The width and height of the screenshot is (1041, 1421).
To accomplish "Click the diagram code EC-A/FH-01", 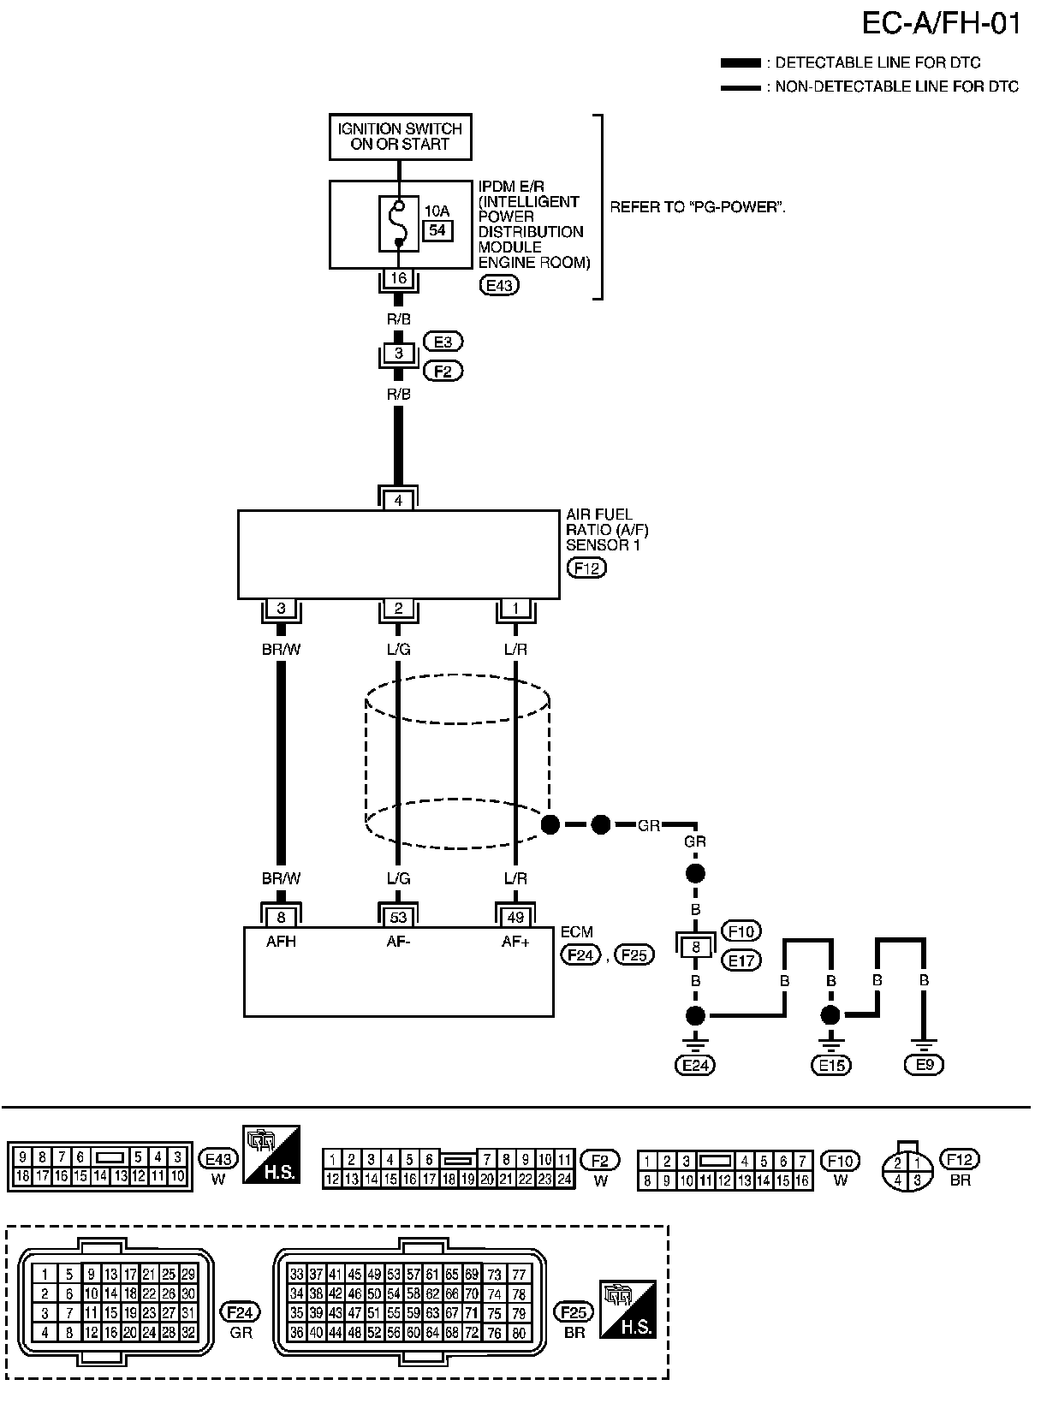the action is pos(941,23).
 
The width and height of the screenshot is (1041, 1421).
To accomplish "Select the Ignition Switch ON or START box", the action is pos(401,136).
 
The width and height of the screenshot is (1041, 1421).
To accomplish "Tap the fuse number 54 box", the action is pos(437,230).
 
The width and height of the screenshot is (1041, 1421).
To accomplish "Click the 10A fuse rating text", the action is pos(437,211).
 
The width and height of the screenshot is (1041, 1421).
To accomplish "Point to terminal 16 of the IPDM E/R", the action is pos(398,278).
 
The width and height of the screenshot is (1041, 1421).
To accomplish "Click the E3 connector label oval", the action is pos(443,342).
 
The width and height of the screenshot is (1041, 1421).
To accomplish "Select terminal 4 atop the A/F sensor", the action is pos(398,501).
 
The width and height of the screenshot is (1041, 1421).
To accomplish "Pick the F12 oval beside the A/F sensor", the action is pos(586,568).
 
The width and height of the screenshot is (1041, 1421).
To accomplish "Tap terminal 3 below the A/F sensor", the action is pos(281,609).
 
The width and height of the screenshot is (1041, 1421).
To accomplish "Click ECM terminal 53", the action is pos(398,918).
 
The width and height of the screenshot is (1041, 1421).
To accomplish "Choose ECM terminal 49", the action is pos(515,918).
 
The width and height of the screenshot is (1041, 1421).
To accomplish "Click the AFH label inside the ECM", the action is pos(281,942).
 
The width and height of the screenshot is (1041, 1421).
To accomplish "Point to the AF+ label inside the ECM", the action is pos(515,942).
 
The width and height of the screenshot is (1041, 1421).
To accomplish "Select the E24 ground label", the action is pos(695,1065).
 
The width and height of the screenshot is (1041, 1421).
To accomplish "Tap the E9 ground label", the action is pos(925,1065).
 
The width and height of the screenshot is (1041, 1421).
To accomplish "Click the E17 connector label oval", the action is pos(741,960).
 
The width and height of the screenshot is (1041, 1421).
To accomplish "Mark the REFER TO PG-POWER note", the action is pos(698,207).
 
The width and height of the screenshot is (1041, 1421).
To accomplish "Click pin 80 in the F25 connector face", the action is pos(519,1333).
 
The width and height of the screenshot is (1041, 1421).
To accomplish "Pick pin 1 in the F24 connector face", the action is pos(45,1274).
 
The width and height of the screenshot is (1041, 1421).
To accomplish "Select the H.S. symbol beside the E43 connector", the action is pos(271,1155).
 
